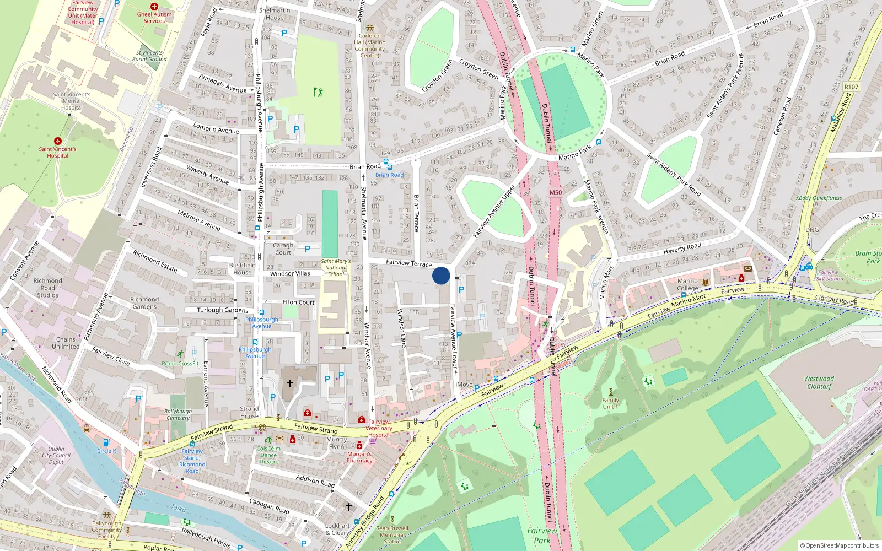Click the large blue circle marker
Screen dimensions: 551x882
(441, 275)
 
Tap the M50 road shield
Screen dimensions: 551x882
(556, 192)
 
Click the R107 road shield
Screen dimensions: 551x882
(851, 87)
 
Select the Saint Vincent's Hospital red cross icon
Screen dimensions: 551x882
(57, 141)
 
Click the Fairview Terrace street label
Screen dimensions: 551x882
(408, 263)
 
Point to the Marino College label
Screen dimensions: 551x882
(687, 284)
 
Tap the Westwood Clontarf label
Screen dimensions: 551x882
(819, 382)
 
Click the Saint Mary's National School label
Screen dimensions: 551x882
(336, 268)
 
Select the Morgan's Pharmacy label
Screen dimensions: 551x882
(359, 457)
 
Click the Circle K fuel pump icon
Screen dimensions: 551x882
(106, 442)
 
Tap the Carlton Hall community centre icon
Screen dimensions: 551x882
(370, 28)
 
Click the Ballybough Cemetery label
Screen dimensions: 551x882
(178, 414)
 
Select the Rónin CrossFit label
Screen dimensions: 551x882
(180, 364)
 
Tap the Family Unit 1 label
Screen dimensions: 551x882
(610, 403)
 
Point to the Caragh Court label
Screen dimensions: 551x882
(283, 249)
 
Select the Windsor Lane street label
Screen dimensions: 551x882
(402, 328)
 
